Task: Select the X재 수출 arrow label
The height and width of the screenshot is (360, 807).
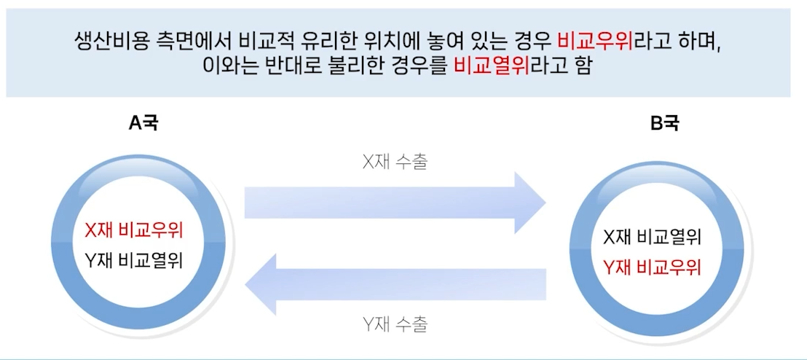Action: point(395,161)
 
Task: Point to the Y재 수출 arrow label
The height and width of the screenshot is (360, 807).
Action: point(395,324)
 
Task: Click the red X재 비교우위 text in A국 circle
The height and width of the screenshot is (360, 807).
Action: point(133,231)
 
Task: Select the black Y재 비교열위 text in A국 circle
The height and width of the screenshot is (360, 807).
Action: point(133,259)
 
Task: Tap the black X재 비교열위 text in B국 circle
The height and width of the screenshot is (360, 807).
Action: point(652,238)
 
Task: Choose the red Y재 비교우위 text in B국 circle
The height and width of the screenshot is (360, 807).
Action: point(652,267)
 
